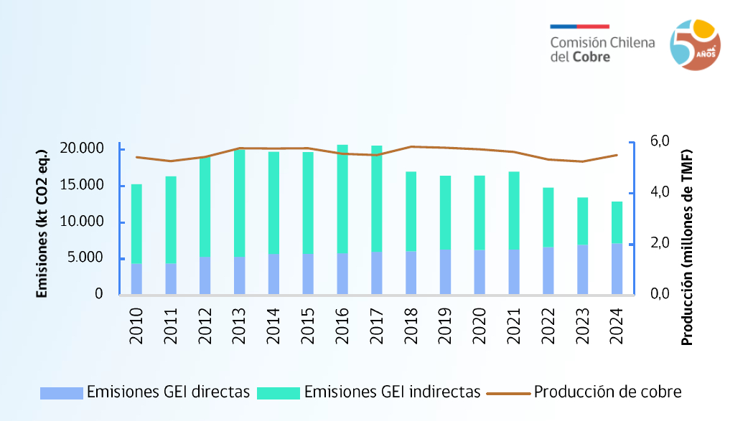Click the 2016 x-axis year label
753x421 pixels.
(342, 327)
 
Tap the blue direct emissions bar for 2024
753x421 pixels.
(617, 269)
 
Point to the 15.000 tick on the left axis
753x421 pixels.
(82, 186)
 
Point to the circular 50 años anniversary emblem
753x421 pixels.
(695, 45)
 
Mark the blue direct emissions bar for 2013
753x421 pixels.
(239, 275)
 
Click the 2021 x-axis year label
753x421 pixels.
(514, 327)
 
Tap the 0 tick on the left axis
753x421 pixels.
(98, 294)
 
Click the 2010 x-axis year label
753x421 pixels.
(136, 327)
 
